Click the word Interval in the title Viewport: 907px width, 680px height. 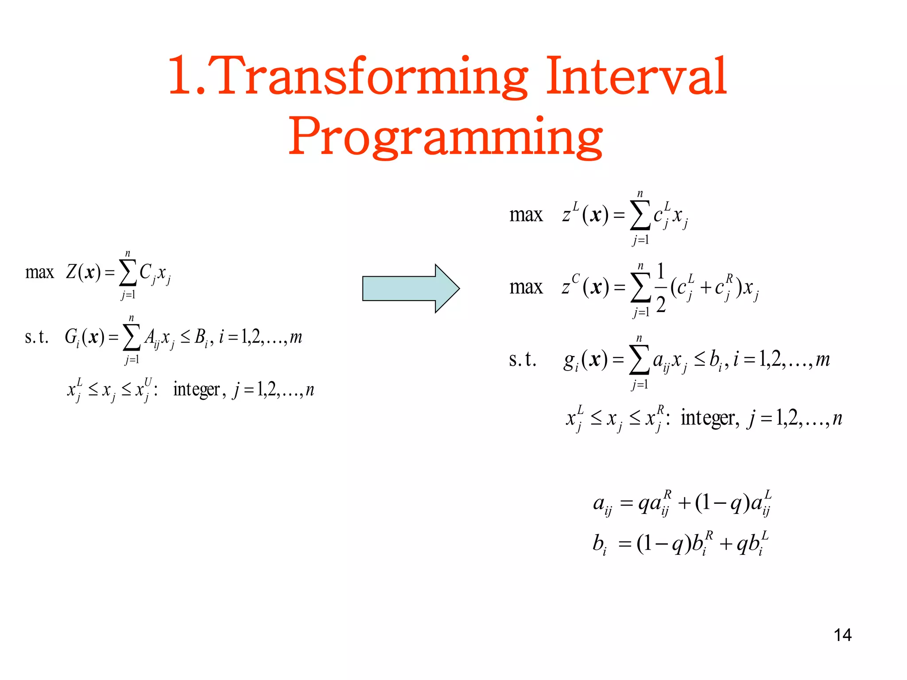click(x=636, y=76)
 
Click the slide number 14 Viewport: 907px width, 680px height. click(x=842, y=635)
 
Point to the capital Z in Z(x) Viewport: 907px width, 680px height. click(x=71, y=272)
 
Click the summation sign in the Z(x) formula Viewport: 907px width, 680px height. click(x=128, y=274)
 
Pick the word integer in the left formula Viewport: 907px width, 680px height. click(x=196, y=390)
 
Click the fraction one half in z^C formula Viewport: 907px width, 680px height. click(x=660, y=288)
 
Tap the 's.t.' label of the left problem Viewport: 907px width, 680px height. click(x=36, y=337)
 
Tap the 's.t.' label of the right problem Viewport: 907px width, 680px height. click(x=523, y=359)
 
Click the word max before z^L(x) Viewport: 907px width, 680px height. click(x=526, y=215)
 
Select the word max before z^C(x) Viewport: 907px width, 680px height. click(x=526, y=288)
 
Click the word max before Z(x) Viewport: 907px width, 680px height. click(x=39, y=272)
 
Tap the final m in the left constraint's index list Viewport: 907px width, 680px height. click(x=296, y=338)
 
